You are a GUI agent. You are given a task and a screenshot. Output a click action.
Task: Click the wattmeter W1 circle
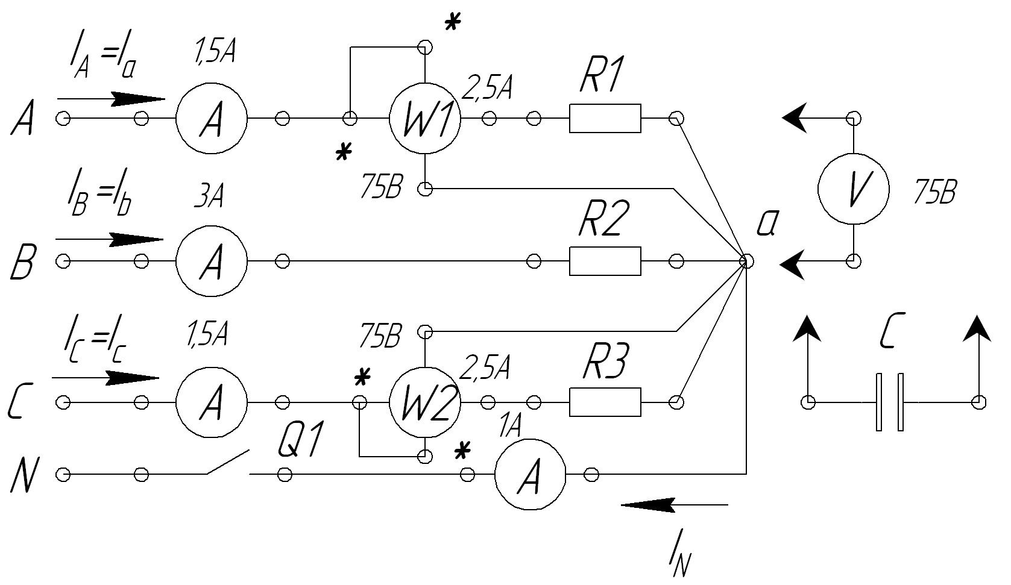425,118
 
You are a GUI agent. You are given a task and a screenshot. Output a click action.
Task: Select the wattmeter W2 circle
425,402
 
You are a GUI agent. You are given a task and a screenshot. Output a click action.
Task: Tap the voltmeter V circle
854,189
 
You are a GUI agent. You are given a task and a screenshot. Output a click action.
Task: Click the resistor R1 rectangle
605,118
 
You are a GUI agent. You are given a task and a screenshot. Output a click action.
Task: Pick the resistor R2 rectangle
605,261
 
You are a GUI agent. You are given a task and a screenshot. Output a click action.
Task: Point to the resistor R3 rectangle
605,402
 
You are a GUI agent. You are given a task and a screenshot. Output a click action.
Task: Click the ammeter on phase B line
211,261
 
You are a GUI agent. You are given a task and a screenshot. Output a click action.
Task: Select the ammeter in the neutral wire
530,475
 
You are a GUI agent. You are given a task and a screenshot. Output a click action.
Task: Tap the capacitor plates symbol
889,402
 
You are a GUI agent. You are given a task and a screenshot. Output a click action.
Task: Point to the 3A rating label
208,198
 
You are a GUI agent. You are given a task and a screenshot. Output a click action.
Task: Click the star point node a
746,261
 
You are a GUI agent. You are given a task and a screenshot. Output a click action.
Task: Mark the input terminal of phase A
62,119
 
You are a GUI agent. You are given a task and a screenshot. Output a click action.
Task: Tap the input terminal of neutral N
62,475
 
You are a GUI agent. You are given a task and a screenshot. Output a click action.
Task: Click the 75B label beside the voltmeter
934,192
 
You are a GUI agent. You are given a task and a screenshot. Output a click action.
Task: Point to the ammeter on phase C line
211,402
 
